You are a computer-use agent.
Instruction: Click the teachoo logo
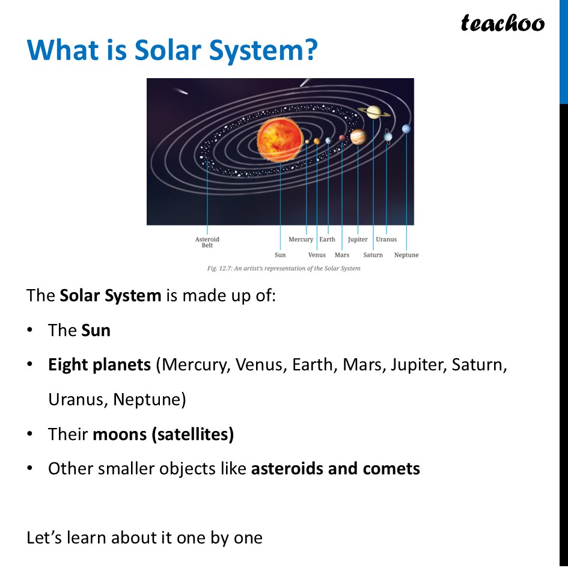(502, 23)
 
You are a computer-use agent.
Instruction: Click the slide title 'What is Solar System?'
(172, 50)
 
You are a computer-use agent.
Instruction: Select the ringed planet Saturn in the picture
(373, 112)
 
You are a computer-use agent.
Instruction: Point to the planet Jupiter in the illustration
(358, 137)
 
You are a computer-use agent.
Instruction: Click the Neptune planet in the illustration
(406, 129)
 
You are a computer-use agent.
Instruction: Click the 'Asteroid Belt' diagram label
(207, 242)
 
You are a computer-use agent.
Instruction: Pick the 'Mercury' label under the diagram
(301, 239)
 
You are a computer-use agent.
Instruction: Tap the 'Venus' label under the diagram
(317, 255)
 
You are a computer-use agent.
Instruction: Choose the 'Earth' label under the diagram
(328, 239)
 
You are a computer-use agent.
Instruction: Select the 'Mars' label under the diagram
(342, 255)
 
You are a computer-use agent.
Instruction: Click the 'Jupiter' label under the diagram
(358, 239)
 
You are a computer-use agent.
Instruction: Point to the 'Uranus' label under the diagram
(386, 239)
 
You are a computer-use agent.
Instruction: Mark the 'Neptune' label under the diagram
(406, 255)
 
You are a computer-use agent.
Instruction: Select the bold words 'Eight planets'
(99, 365)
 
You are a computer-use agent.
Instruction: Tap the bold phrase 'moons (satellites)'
(163, 434)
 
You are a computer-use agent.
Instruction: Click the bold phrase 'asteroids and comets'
(335, 468)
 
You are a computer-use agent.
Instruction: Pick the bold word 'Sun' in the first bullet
(96, 330)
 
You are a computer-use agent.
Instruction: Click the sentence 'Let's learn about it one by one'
(144, 537)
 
